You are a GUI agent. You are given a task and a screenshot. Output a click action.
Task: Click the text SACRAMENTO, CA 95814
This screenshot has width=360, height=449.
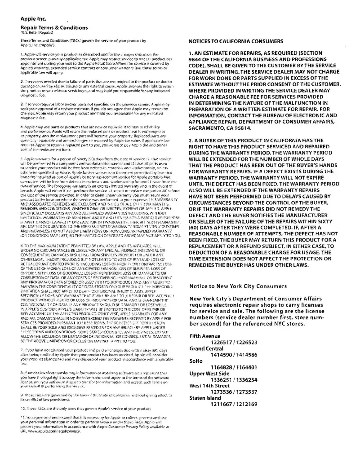(220, 128)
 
